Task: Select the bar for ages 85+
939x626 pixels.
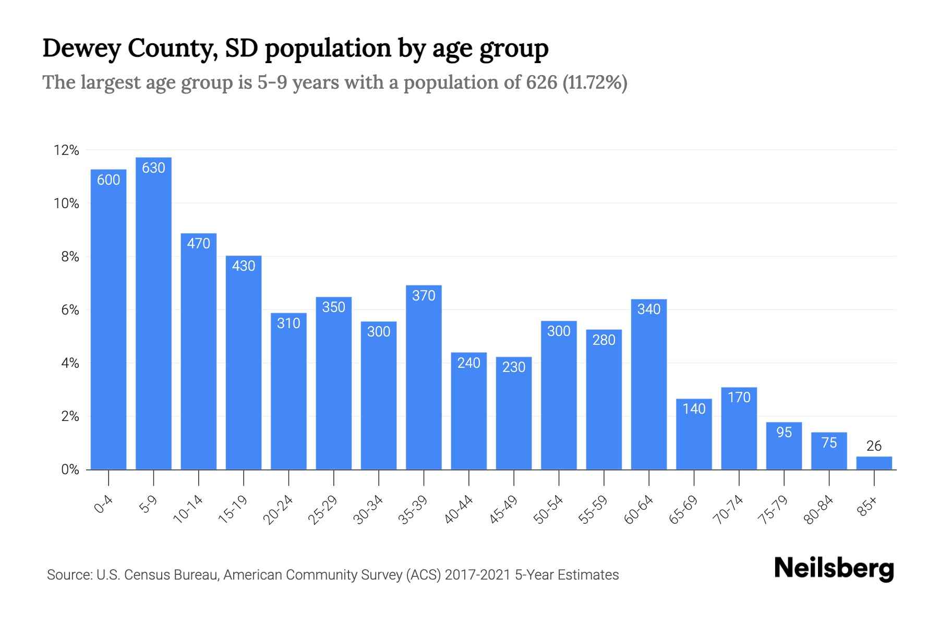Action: click(874, 463)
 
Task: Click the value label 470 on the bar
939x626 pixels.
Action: click(198, 244)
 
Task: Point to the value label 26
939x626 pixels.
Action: click(874, 446)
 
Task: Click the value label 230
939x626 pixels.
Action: click(514, 367)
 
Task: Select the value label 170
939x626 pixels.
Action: click(739, 398)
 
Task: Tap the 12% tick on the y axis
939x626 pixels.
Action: click(66, 151)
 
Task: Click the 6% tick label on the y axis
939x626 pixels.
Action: click(70, 310)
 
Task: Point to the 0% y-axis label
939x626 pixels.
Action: click(70, 470)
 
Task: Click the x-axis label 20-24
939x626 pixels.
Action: click(278, 510)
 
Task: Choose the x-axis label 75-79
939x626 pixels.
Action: click(773, 510)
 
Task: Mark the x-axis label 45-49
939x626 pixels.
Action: click(503, 510)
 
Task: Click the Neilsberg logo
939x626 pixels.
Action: click(834, 569)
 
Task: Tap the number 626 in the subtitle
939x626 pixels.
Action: click(541, 82)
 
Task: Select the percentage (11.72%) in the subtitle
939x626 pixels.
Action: click(595, 82)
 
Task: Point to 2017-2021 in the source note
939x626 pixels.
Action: click(477, 575)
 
